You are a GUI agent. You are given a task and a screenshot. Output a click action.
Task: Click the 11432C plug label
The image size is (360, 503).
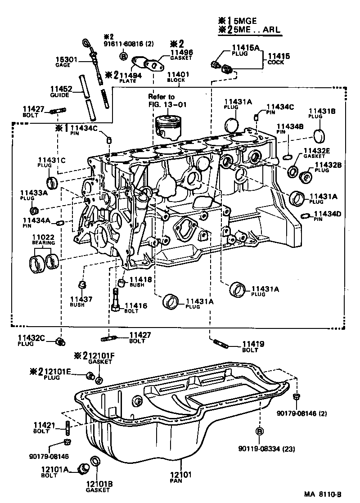[x=32, y=337]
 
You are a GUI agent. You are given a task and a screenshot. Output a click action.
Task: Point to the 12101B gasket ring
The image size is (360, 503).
[x=95, y=461]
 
